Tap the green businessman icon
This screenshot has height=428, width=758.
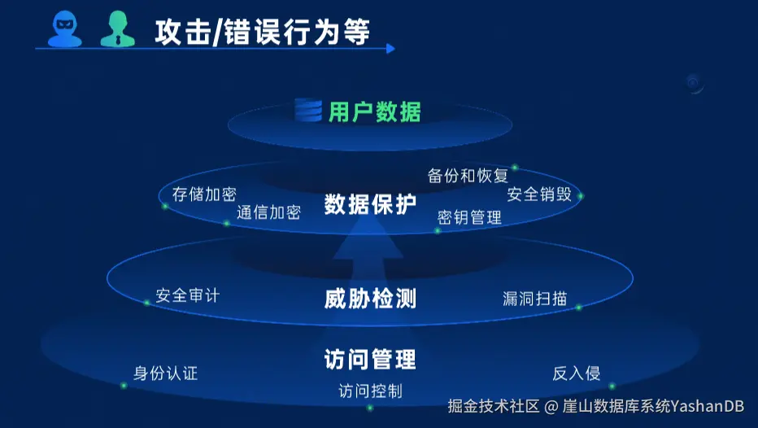click(116, 29)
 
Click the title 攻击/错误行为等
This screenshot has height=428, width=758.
click(262, 32)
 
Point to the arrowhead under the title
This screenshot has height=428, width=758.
click(391, 49)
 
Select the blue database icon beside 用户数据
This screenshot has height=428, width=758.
click(308, 110)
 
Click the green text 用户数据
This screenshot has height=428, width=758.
click(375, 111)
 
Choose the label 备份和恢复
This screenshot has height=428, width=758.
click(468, 176)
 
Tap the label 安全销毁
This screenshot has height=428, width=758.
click(539, 194)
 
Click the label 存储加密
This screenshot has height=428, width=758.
click(204, 194)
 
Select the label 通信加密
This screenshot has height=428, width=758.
click(268, 212)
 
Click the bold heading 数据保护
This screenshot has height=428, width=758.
click(370, 204)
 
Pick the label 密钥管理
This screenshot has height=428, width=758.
click(469, 217)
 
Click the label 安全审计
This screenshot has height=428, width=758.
click(187, 295)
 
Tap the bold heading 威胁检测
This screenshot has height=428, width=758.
click(370, 299)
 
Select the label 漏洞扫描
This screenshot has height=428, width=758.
click(534, 298)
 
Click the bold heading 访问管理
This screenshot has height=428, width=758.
click(370, 359)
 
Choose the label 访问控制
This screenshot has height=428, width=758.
click(370, 391)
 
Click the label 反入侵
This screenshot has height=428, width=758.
click(576, 373)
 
